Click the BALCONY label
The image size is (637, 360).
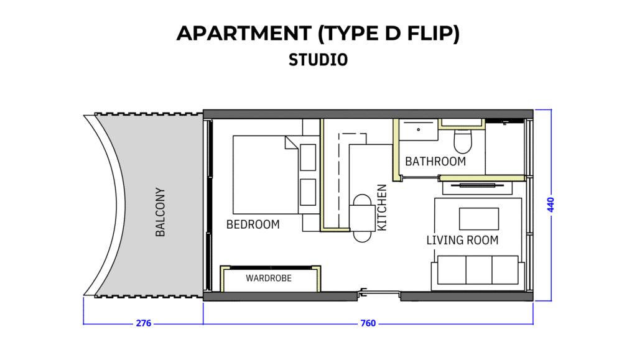pyautogui.click(x=160, y=212)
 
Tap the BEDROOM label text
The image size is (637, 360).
pyautogui.click(x=253, y=224)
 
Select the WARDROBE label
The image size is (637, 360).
pyautogui.click(x=269, y=278)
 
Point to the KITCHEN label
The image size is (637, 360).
pyautogui.click(x=382, y=208)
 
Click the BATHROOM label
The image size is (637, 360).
pyautogui.click(x=435, y=162)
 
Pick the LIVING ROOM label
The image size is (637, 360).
pyautogui.click(x=462, y=240)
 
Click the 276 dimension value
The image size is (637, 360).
pyautogui.click(x=144, y=323)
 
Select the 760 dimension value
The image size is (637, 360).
pyautogui.click(x=368, y=323)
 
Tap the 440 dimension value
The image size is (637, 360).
pyautogui.click(x=551, y=205)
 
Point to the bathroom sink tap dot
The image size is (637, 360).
pyautogui.click(x=419, y=130)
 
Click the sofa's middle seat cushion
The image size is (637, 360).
pyautogui.click(x=479, y=270)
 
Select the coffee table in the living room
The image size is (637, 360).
pyautogui.click(x=479, y=219)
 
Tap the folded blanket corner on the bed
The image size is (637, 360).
pyautogui.click(x=291, y=142)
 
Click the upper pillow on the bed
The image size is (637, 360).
pyautogui.click(x=308, y=157)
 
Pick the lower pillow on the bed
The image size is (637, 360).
pyautogui.click(x=308, y=192)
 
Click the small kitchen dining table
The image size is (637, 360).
pyautogui.click(x=362, y=218)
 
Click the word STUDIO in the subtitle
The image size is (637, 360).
pyautogui.click(x=318, y=60)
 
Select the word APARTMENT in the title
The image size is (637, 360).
pyautogui.click(x=244, y=34)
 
